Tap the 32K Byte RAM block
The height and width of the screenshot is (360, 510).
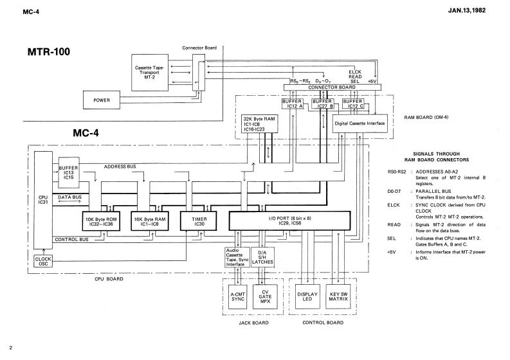click(259, 124)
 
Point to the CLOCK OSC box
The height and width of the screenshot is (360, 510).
click(44, 262)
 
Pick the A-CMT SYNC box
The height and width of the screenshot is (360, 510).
click(237, 299)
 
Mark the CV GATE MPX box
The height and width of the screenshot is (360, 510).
click(265, 299)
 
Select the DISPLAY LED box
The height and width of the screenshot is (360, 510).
click(309, 299)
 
